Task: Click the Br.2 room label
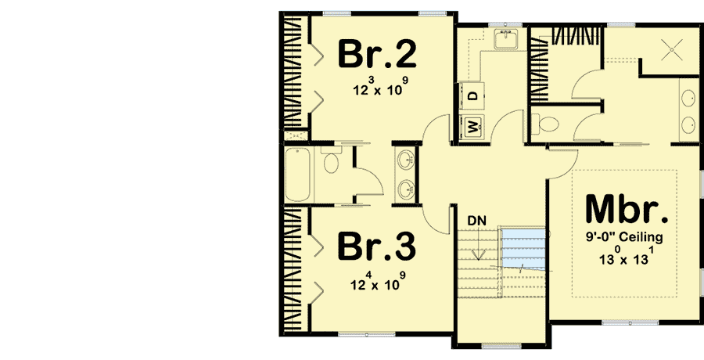click(x=377, y=54)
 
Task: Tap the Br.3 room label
click(x=377, y=247)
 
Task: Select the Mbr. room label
click(x=627, y=209)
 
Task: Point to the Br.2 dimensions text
click(x=381, y=87)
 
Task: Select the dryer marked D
click(x=472, y=95)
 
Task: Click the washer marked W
click(x=472, y=127)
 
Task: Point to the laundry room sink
click(x=506, y=38)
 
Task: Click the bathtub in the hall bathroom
click(x=298, y=175)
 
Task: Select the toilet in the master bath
click(x=545, y=124)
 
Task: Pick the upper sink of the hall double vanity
click(x=407, y=160)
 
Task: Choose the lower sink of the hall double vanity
click(x=407, y=189)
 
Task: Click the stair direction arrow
click(x=480, y=243)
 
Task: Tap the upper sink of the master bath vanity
click(x=688, y=98)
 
